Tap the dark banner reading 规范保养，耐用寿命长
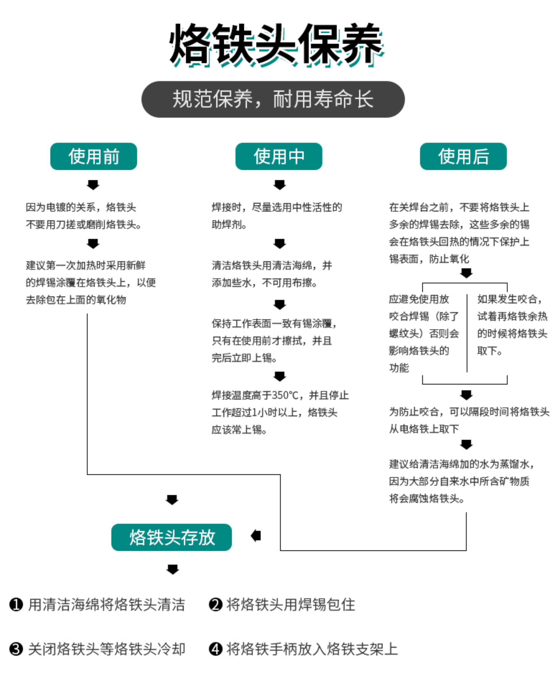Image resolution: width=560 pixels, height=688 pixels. point(273,99)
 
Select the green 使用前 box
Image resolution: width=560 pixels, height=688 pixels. point(93,156)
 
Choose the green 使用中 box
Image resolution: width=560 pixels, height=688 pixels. point(279,156)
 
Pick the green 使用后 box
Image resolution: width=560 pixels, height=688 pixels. point(463,156)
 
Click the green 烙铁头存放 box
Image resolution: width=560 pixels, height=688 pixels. point(171,537)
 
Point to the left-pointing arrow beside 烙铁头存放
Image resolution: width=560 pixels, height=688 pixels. point(256,536)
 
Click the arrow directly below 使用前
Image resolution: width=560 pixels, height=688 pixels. point(93,185)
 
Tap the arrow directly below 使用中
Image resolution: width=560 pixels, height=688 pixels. point(280,185)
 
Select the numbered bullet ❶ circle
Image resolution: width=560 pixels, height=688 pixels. point(16,604)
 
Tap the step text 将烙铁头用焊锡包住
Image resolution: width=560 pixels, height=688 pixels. point(291,604)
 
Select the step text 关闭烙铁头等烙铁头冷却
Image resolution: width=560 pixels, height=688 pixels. point(106,649)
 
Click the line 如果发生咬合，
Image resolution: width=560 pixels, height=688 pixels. point(509,299)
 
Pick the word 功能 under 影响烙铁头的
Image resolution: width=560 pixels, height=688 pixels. point(399,368)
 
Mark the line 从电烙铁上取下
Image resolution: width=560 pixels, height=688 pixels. point(424,429)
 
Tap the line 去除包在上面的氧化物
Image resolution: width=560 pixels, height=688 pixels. point(76,300)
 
